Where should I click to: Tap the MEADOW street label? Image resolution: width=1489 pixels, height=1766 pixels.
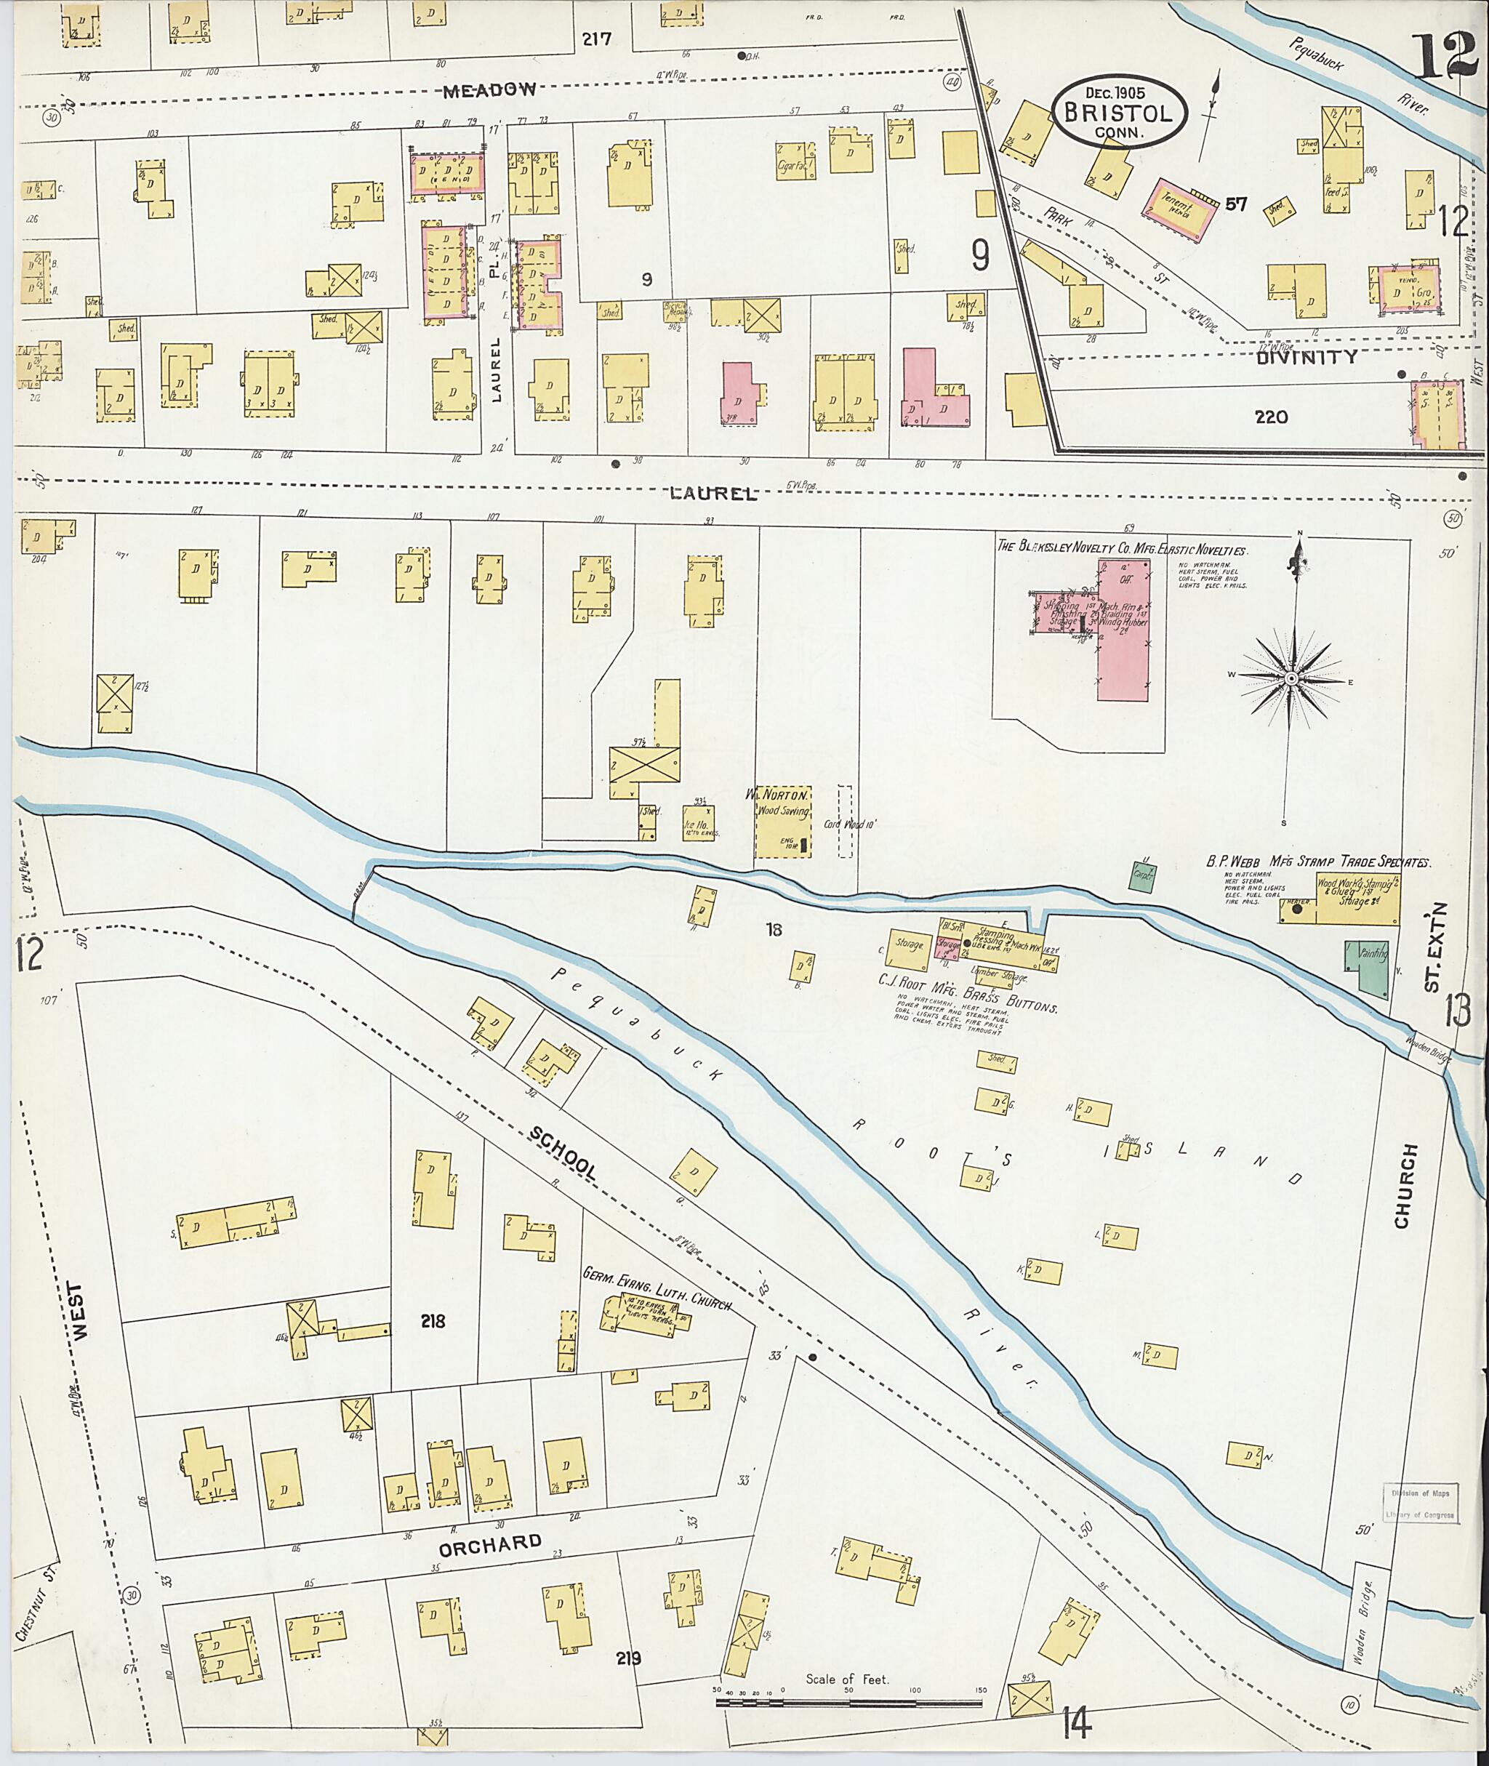click(491, 89)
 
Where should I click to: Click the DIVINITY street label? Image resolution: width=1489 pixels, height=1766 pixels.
click(1307, 357)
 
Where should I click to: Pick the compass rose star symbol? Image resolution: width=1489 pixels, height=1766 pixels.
click(1291, 679)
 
